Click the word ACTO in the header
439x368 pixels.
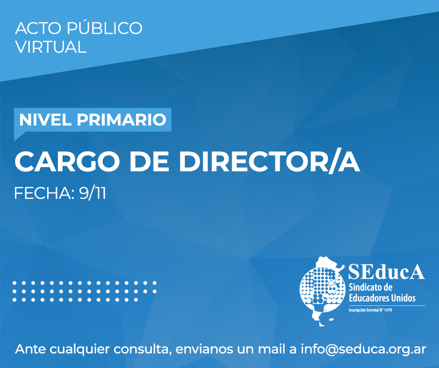click(x=38, y=28)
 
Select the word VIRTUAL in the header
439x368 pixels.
click(x=51, y=47)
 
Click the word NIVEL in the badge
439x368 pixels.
click(x=45, y=120)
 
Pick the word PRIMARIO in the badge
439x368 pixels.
click(x=121, y=120)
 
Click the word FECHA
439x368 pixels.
click(x=44, y=193)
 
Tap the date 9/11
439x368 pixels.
click(x=92, y=193)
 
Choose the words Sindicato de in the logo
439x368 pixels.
click(x=371, y=287)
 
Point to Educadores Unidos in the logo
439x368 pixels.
click(x=382, y=297)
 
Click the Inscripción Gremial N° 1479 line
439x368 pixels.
click(x=370, y=310)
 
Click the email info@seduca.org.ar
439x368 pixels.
click(x=363, y=349)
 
